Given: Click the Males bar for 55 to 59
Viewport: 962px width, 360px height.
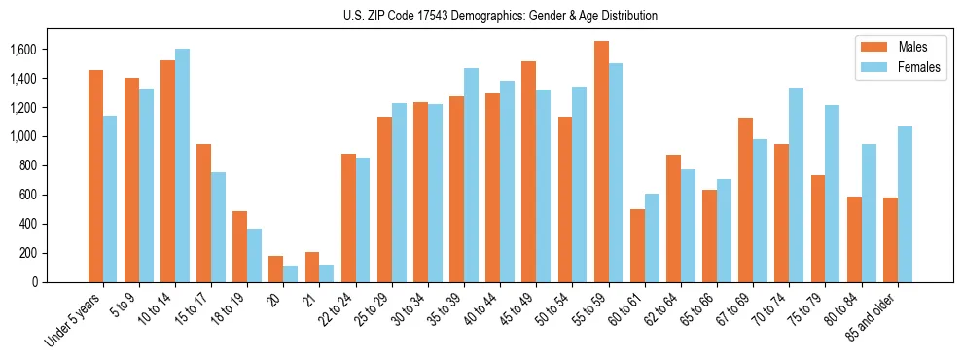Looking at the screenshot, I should click(x=601, y=162).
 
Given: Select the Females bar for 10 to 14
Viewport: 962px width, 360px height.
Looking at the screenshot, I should click(x=183, y=165).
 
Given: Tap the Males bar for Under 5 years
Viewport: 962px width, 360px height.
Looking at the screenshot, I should click(x=95, y=176).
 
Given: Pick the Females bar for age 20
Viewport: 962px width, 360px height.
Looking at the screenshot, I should click(x=291, y=273).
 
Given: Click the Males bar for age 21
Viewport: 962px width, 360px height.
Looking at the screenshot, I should click(x=312, y=267).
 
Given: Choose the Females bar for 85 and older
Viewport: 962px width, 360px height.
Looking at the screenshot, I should click(x=905, y=204).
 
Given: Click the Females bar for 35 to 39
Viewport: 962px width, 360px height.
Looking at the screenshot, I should click(x=472, y=175).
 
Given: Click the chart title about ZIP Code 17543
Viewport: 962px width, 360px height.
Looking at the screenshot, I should click(x=500, y=16).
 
